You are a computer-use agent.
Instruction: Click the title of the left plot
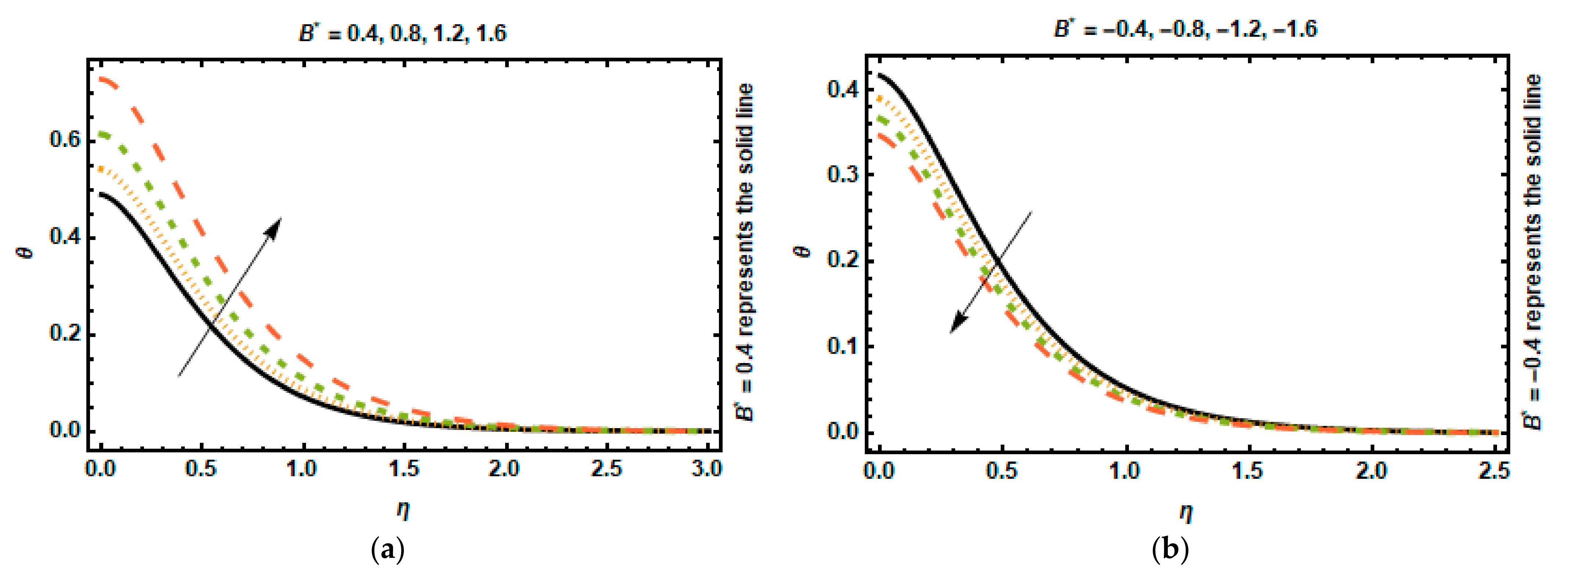click(x=403, y=32)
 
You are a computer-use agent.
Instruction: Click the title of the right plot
click(x=1185, y=29)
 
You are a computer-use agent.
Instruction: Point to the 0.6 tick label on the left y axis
click(x=65, y=140)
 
